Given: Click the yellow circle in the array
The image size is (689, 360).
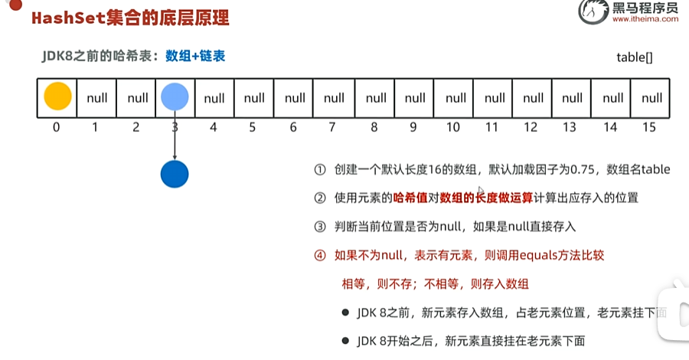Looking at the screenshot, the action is (x=57, y=97).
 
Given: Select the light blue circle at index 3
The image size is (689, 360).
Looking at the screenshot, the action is (x=175, y=97).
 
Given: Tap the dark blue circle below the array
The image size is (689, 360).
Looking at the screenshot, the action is (x=175, y=174).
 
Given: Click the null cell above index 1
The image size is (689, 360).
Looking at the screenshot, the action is (x=97, y=98).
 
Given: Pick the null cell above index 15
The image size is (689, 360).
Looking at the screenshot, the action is (x=651, y=98).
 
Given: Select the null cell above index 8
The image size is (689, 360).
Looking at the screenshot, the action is (x=375, y=98).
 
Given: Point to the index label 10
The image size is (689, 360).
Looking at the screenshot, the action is (x=452, y=127).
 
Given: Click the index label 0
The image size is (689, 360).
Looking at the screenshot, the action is (x=56, y=127).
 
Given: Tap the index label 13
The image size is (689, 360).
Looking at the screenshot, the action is (x=570, y=127).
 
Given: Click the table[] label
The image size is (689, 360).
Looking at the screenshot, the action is (x=634, y=57).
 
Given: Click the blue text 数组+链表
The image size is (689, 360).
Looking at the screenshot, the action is (x=195, y=56).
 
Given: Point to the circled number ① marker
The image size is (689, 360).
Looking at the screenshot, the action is (x=320, y=170).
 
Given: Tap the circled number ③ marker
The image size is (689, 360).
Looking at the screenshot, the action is (x=320, y=227).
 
